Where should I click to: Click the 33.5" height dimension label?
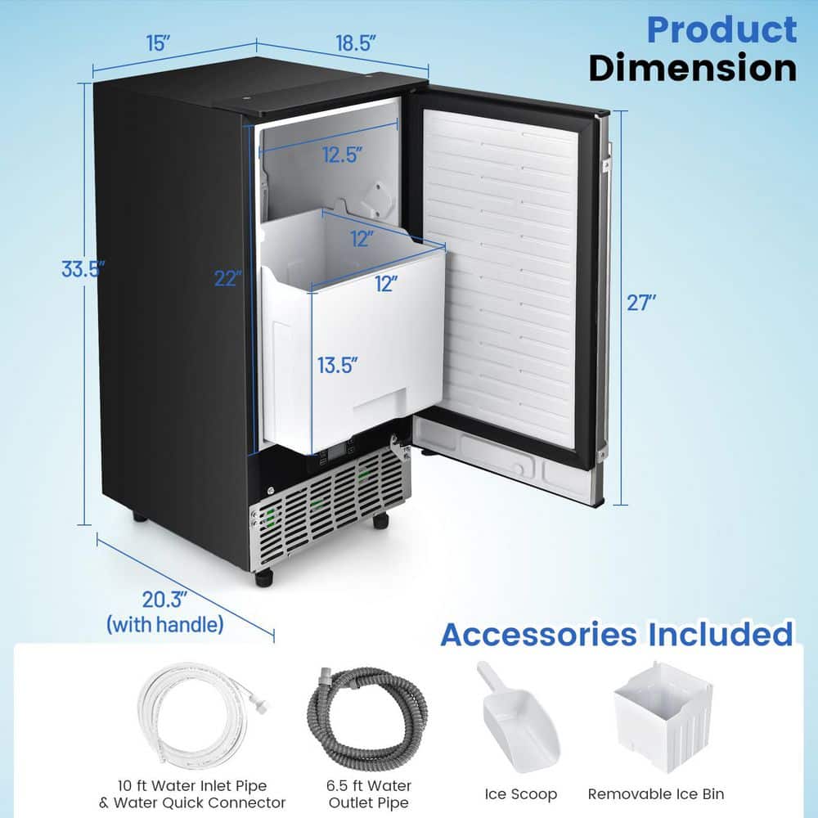coord(83,268)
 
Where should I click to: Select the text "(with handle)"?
coord(165,625)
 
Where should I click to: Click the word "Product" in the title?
coord(721,30)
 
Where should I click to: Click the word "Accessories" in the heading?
coord(538,635)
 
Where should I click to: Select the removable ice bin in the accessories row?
coord(663,715)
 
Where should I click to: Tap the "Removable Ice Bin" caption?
coord(656,794)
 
